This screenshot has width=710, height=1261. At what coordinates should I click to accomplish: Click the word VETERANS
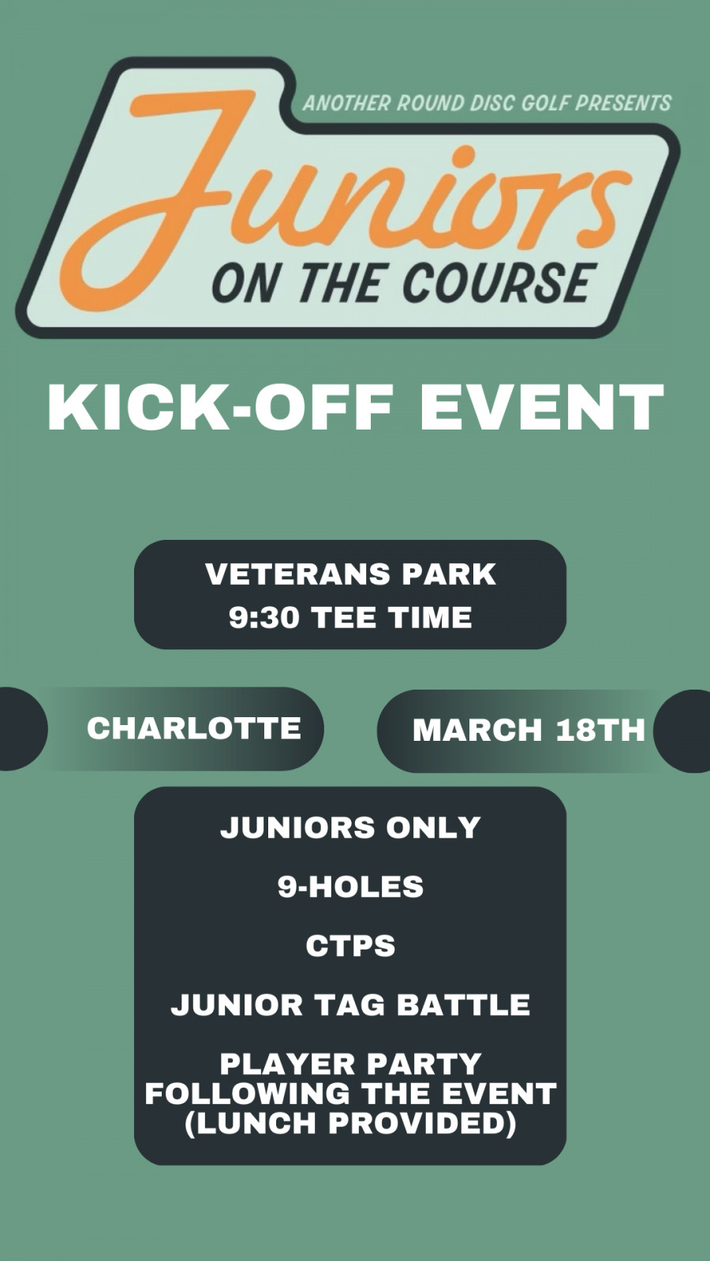tap(298, 574)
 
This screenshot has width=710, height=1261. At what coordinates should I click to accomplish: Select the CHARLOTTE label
tap(194, 728)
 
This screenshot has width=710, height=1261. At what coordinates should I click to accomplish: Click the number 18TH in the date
tap(600, 730)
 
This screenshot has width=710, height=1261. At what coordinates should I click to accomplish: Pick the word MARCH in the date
tap(476, 730)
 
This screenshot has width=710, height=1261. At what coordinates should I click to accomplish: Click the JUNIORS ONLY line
tap(350, 828)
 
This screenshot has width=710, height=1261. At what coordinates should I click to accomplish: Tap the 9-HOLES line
tap(350, 886)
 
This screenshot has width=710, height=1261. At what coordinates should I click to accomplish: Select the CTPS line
tap(350, 945)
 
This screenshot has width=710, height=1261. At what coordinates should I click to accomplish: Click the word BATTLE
tap(463, 1004)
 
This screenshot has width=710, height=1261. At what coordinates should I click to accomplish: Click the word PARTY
tap(423, 1063)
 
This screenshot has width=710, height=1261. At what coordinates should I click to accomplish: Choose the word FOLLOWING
tap(248, 1093)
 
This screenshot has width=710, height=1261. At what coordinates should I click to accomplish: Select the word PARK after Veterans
tap(449, 574)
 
